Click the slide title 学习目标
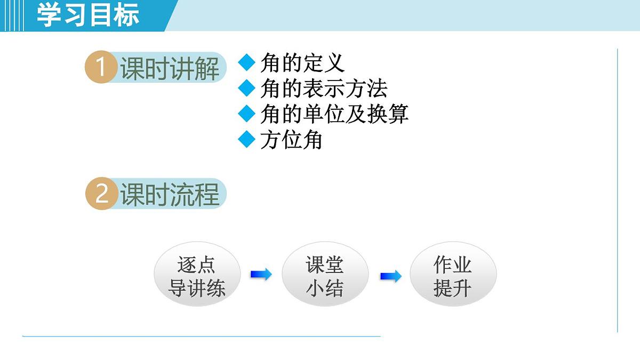[88, 15]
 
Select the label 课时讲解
[170, 69]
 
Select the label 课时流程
[170, 194]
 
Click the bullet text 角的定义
[302, 63]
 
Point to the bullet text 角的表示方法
[324, 89]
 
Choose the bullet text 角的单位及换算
[334, 114]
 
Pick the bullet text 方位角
[291, 140]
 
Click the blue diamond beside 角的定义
[247, 62]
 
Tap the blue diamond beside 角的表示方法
[247, 88]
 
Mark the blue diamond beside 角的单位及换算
[247, 114]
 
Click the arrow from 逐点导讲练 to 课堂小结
[261, 275]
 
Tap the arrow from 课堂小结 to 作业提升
[390, 276]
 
